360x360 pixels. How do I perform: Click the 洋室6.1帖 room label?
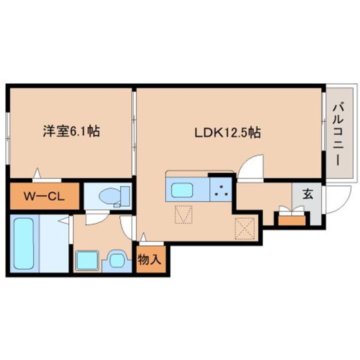click(70, 132)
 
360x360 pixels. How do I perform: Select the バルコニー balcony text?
click(337, 132)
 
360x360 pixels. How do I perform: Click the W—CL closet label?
click(43, 196)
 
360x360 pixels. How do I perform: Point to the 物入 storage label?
click(149, 259)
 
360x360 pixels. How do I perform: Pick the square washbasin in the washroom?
click(84, 260)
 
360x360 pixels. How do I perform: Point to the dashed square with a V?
click(183, 215)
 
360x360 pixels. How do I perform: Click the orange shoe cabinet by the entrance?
click(291, 218)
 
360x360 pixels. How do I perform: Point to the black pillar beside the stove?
click(220, 175)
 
